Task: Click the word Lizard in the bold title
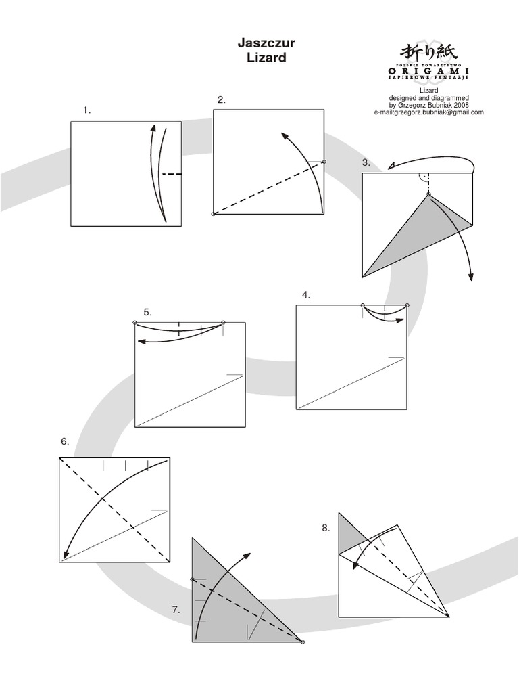pyautogui.click(x=266, y=58)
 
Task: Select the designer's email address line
pyautogui.click(x=428, y=113)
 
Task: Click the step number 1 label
pyautogui.click(x=86, y=110)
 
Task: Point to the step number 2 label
pyautogui.click(x=221, y=100)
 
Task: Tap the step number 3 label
pyautogui.click(x=366, y=162)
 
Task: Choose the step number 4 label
pyautogui.click(x=306, y=294)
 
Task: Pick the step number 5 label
pyautogui.click(x=147, y=312)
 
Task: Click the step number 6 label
pyautogui.click(x=65, y=441)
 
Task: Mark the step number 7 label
pyautogui.click(x=176, y=610)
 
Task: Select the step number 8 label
pyautogui.click(x=326, y=529)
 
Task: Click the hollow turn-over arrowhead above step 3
pyautogui.click(x=392, y=166)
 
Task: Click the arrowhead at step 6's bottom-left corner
pyautogui.click(x=66, y=556)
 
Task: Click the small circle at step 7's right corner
pyautogui.click(x=302, y=642)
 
